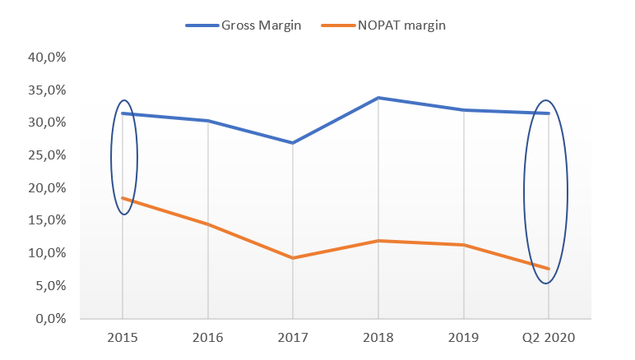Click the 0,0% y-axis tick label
(53, 318)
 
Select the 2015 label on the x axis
(123, 337)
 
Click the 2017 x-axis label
(293, 337)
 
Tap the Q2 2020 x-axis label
(549, 337)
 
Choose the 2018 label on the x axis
(378, 337)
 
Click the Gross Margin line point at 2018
(378, 98)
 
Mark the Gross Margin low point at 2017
(293, 143)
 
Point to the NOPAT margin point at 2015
(123, 198)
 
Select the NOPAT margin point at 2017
(293, 258)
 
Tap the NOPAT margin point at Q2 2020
(549, 269)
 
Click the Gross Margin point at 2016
(208, 121)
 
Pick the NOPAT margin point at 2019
(464, 245)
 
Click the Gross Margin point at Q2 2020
(549, 113)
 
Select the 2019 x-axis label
(464, 337)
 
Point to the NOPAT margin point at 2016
(208, 224)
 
